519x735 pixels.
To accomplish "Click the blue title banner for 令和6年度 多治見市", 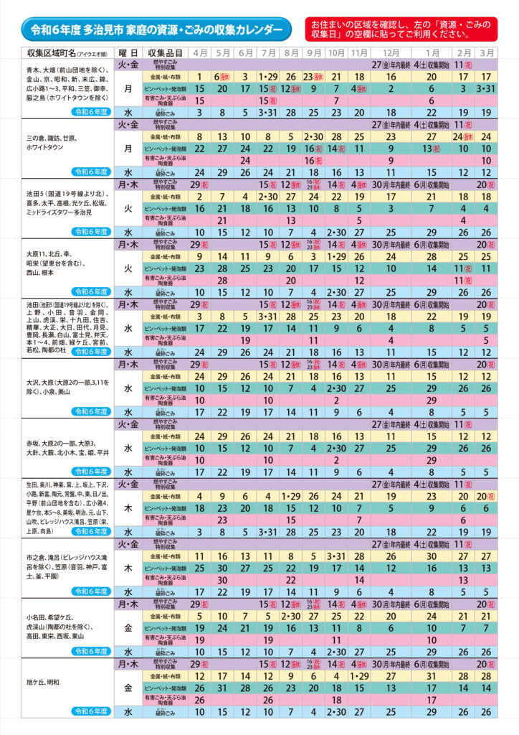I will (155, 30).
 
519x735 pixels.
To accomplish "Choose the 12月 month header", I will (391, 54).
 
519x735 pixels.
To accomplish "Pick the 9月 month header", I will (313, 54).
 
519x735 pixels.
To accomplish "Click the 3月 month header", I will (487, 54).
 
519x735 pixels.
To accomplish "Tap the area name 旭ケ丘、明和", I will (43, 681).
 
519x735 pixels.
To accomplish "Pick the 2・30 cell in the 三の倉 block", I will (313, 136).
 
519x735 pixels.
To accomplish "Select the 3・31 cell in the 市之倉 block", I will (335, 556).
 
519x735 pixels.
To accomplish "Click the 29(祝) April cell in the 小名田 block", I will (200, 604).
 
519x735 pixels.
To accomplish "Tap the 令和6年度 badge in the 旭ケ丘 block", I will (91, 711).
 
